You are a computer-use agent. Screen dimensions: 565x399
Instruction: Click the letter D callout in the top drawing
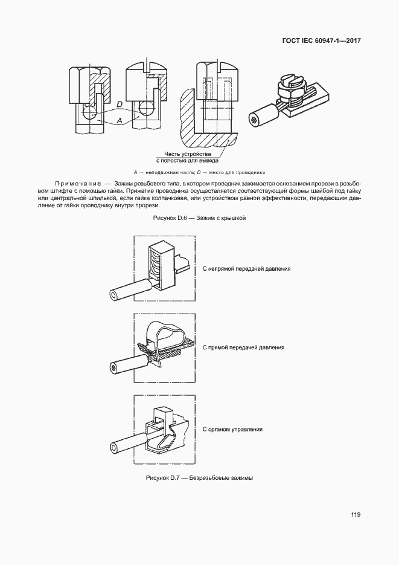click(x=120, y=105)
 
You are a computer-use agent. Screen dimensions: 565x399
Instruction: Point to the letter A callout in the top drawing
click(x=120, y=121)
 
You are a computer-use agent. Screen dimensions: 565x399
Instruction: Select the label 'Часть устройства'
click(x=188, y=155)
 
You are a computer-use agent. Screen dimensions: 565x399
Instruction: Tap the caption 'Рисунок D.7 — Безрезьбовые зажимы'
click(x=199, y=478)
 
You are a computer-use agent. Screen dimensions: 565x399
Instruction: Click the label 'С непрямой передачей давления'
click(x=247, y=268)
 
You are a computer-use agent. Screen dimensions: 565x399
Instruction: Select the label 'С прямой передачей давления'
click(x=243, y=348)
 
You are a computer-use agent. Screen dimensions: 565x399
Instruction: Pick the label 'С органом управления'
click(x=232, y=429)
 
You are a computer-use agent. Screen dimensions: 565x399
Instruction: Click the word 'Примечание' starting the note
click(x=75, y=182)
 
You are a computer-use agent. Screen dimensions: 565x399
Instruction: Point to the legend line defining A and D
click(x=199, y=172)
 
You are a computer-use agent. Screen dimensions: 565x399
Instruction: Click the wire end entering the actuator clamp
click(x=114, y=448)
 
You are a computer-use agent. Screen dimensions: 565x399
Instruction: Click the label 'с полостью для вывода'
click(x=188, y=161)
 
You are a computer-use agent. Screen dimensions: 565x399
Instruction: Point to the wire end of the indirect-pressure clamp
click(x=114, y=295)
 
